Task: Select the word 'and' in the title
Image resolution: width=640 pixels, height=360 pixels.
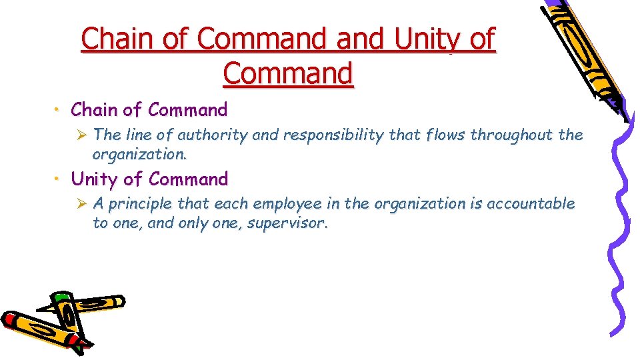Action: pos(361,39)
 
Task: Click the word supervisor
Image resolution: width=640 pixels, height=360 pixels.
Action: pos(287,223)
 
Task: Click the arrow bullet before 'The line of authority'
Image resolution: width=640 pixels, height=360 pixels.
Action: pos(83,135)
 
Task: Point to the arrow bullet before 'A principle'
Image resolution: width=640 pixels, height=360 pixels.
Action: pos(83,204)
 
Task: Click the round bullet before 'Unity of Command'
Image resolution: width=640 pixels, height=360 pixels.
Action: pos(59,179)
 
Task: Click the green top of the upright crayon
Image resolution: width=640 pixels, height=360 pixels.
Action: pos(61,297)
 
